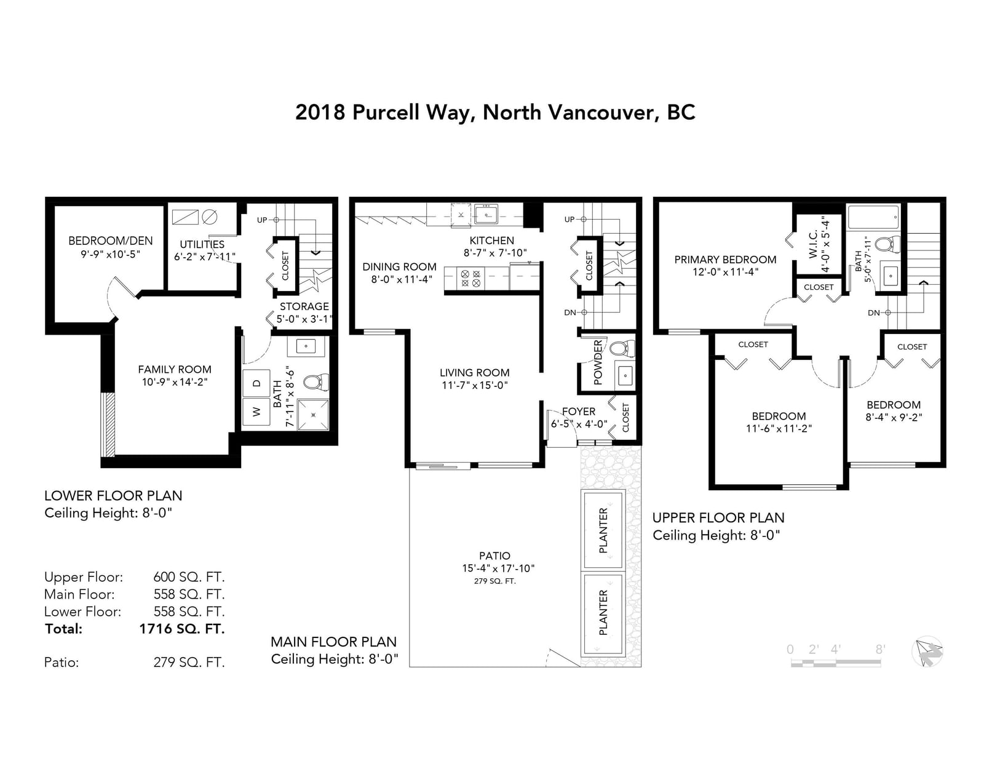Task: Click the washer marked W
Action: coord(256,412)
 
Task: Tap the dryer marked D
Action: coord(256,383)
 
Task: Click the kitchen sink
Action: coord(486,214)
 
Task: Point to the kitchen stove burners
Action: coord(470,278)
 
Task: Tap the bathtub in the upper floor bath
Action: coord(873,217)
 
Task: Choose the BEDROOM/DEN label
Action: coord(111,241)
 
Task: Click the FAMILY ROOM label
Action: coord(175,370)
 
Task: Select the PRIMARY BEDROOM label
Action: coord(725,260)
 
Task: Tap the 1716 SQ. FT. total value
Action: coord(182,629)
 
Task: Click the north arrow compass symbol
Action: coord(927,651)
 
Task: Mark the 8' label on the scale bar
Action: coord(880,650)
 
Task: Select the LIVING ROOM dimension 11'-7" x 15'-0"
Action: coord(475,386)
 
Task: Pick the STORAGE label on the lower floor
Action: coord(304,306)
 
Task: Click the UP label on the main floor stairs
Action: coord(569,220)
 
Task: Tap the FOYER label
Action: coord(579,412)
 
